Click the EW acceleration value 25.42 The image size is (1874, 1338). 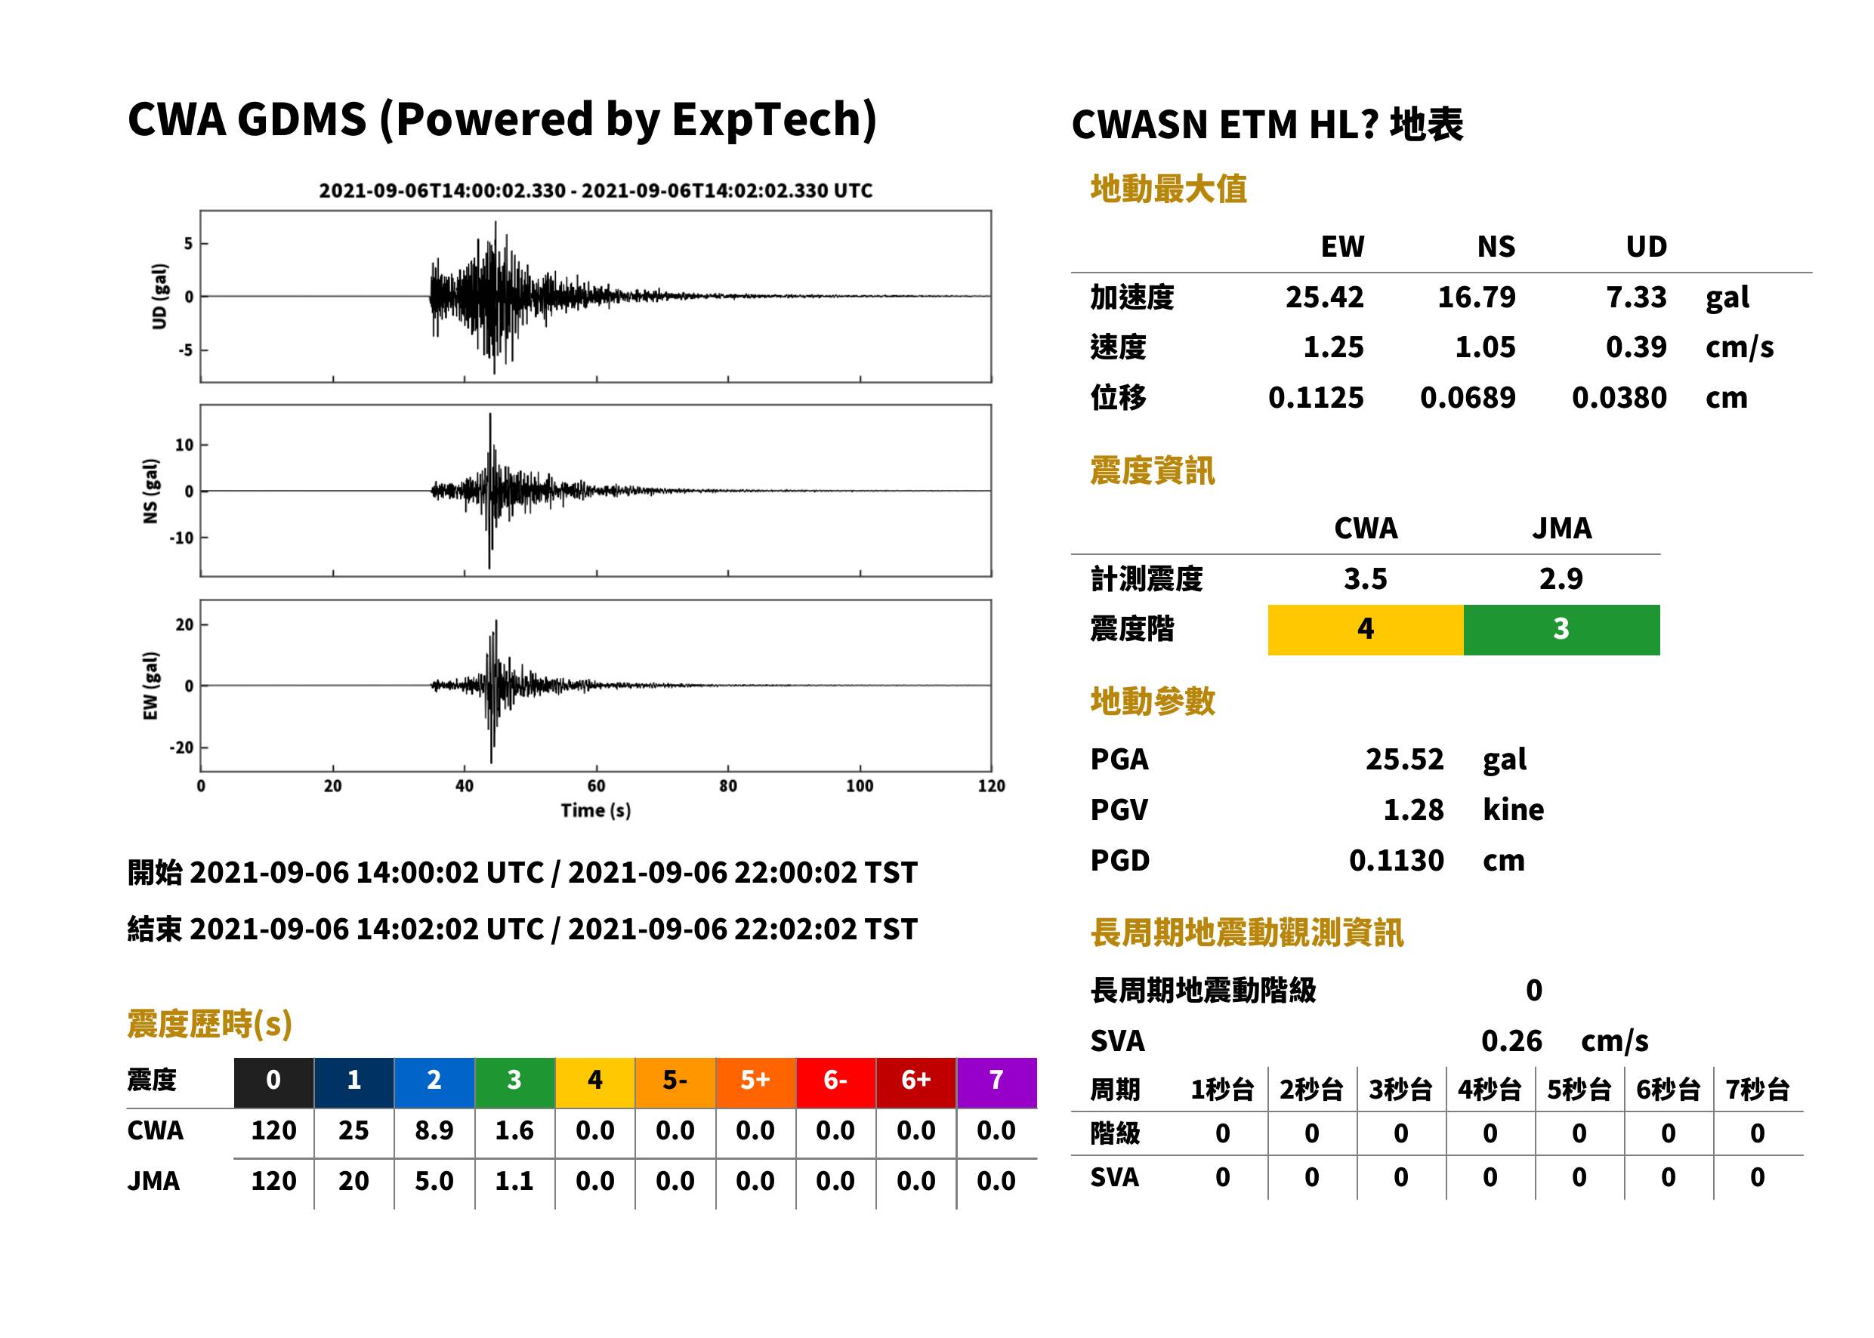coord(1323,298)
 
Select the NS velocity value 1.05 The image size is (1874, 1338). coord(1484,347)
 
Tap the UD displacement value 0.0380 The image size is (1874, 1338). coord(1619,397)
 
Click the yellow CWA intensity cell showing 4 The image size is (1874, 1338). coord(1366,630)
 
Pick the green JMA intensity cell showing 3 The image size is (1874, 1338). coord(1562,630)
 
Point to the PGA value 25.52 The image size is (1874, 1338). coord(1404,759)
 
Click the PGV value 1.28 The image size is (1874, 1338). coord(1413,810)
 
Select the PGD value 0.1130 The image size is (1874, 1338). coord(1396,860)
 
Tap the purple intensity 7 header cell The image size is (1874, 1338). coord(996,1082)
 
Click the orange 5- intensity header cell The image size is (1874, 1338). coord(675,1082)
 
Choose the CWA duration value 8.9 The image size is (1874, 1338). coord(434,1130)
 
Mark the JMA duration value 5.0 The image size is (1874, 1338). coord(434,1181)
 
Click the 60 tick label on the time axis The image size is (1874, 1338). coord(596,786)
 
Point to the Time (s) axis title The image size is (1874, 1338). coord(596,811)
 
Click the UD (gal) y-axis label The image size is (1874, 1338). coord(159,297)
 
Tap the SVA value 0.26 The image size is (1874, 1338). coord(1511,1040)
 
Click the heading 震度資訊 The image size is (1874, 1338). coord(1152,471)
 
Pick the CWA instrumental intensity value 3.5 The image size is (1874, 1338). coord(1366,578)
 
